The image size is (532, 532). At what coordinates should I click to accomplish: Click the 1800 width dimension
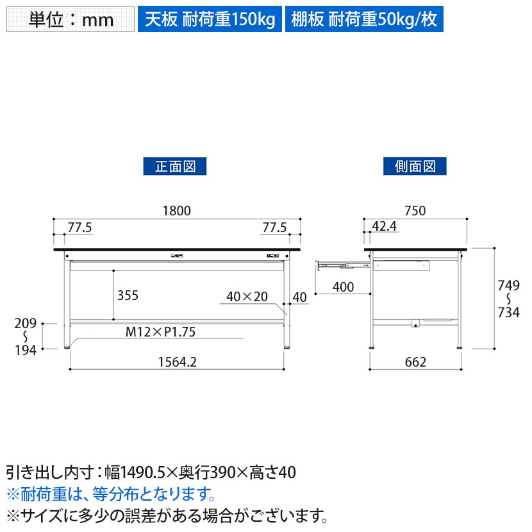[177, 211]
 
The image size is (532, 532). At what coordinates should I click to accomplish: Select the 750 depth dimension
[415, 211]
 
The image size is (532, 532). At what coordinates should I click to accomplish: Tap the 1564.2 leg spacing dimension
[178, 362]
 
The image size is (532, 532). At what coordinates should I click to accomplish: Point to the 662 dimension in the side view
[415, 362]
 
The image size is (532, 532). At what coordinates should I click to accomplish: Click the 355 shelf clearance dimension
[128, 295]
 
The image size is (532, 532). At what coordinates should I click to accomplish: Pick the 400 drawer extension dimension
[344, 287]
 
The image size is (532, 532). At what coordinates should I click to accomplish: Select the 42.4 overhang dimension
[384, 226]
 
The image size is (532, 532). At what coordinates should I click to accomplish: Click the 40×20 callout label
[247, 297]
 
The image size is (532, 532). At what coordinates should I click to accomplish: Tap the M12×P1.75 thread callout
[160, 332]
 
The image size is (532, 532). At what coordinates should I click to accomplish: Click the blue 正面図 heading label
[175, 166]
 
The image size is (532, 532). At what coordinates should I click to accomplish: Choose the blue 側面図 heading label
[415, 166]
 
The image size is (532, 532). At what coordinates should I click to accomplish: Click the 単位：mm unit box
[71, 19]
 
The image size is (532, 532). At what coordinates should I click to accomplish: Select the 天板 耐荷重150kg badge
[210, 19]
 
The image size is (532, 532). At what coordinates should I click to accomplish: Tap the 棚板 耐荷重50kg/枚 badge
[364, 19]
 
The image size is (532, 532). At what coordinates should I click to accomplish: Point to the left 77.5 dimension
[79, 228]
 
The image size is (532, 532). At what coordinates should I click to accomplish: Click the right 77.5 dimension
[274, 228]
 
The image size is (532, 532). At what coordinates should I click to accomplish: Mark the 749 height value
[508, 286]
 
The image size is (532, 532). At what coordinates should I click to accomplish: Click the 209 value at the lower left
[26, 323]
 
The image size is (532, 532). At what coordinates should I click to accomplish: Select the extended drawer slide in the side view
[343, 265]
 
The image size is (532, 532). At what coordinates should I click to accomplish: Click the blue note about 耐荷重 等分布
[111, 494]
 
